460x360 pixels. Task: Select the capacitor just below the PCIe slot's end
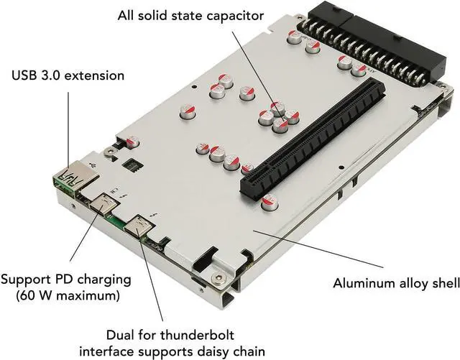tap(270, 203)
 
